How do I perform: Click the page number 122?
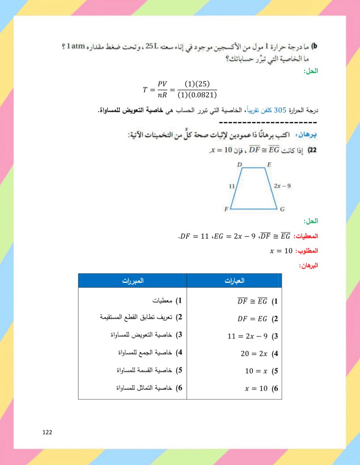pos(47,432)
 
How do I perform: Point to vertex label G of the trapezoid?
pos(282,209)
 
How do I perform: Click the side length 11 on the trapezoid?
pos(232,186)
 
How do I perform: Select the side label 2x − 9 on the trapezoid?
pos(282,185)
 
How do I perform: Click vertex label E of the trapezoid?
pos(269,165)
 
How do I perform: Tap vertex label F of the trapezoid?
pos(226,209)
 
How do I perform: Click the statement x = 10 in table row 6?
pos(256,389)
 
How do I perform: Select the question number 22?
pos(312,151)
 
